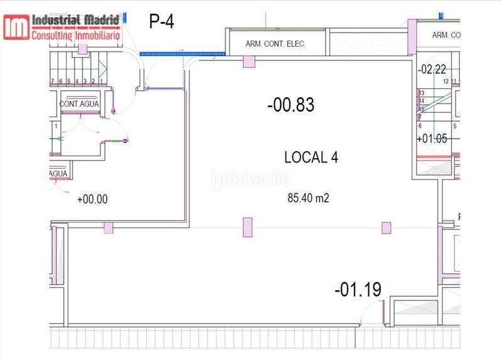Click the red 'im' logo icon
[16, 27]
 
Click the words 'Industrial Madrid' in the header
[75, 21]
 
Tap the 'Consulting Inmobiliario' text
[75, 34]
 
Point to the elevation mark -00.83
[291, 105]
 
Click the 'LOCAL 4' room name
[311, 157]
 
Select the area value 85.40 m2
[309, 199]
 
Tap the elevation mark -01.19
[358, 290]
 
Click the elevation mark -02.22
[432, 69]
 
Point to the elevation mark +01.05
[432, 139]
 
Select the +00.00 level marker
[92, 199]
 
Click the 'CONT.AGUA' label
[79, 103]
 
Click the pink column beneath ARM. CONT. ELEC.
[249, 61]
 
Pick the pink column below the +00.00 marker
[109, 228]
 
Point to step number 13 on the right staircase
[421, 93]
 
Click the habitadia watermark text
[251, 179]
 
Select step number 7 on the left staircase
[51, 82]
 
